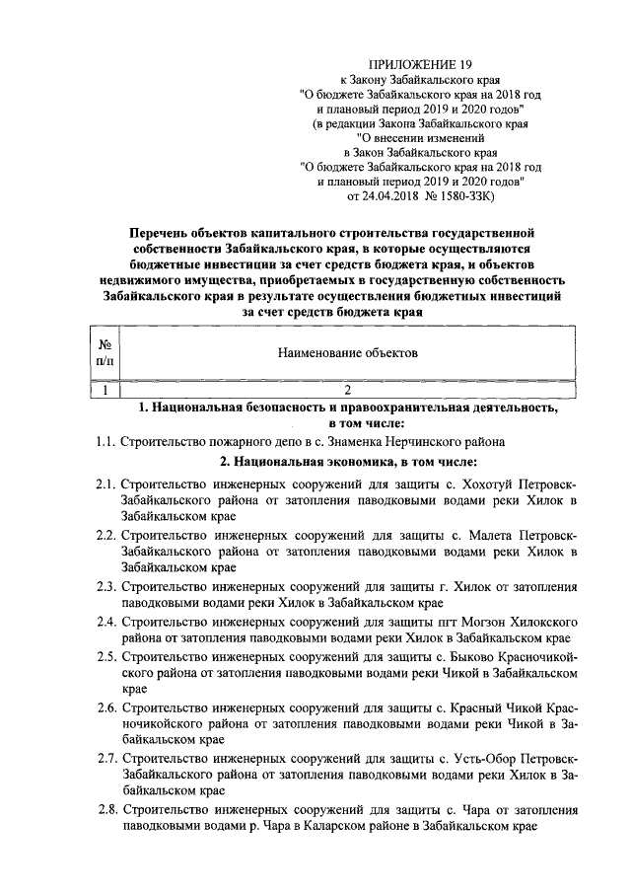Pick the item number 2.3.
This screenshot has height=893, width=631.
[105, 586]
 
